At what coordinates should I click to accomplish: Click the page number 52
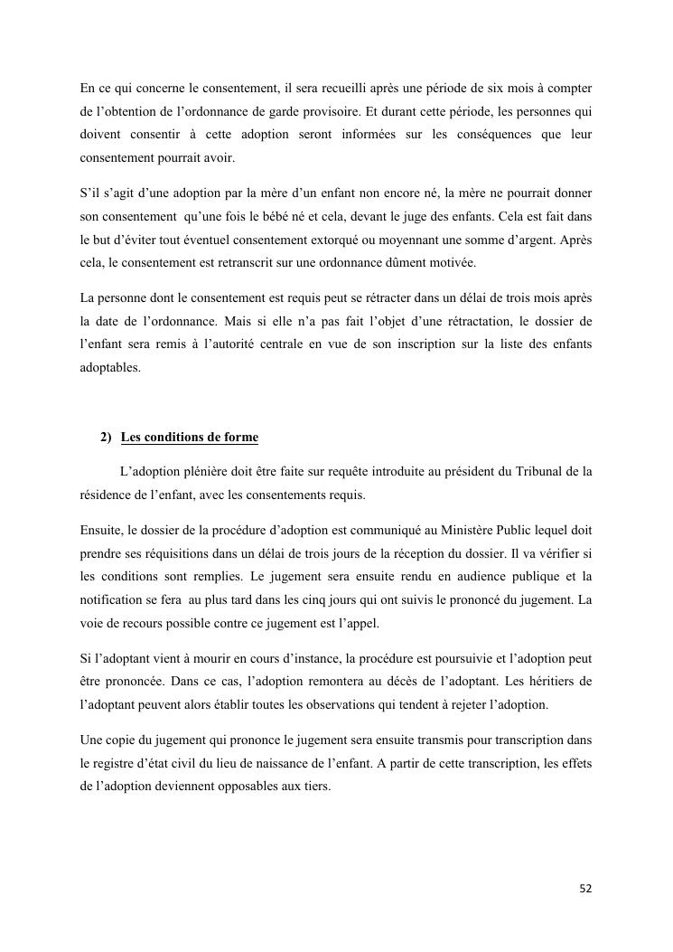click(x=585, y=888)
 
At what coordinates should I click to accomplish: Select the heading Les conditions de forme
click(x=189, y=438)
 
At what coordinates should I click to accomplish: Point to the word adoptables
click(x=110, y=368)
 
